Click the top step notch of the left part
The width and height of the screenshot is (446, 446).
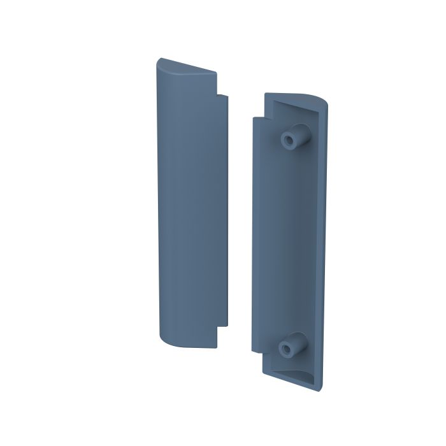point(222,97)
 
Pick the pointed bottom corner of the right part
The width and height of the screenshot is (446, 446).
point(317,388)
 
